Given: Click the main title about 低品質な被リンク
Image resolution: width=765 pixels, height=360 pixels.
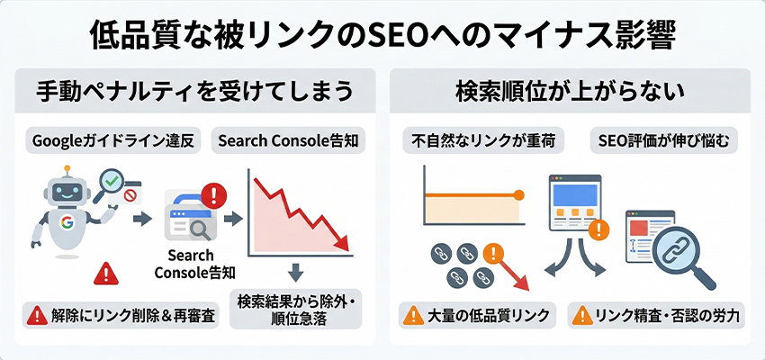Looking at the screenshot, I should (x=382, y=33).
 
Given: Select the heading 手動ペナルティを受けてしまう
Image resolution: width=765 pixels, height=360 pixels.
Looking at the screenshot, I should (x=193, y=92).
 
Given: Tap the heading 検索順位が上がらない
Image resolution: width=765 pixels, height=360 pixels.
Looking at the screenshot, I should (x=570, y=92).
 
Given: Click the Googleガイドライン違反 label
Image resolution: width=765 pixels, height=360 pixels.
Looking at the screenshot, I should (x=112, y=140).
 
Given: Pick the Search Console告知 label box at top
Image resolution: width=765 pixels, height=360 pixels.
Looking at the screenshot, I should (x=287, y=140).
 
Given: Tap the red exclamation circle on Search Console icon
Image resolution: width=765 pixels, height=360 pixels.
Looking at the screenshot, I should (x=215, y=194).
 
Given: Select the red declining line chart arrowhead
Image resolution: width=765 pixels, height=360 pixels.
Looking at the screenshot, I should (x=342, y=242).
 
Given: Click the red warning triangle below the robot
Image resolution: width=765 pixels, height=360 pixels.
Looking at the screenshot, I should (x=106, y=272).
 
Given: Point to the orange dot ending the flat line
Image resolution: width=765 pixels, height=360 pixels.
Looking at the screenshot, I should (x=518, y=195).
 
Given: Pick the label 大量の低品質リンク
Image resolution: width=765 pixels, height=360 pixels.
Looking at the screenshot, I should (x=478, y=316).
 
